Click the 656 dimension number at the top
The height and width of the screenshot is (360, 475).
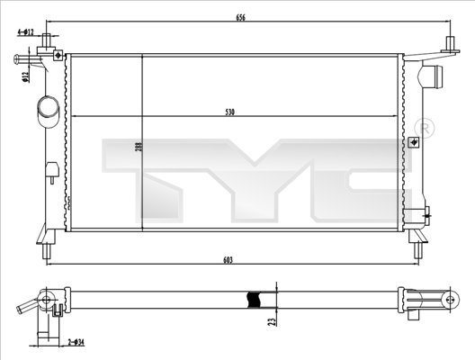(x=241, y=17)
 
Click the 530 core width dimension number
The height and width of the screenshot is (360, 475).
(x=230, y=112)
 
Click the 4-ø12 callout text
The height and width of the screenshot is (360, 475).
(x=25, y=32)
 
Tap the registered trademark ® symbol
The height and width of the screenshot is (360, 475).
(x=426, y=128)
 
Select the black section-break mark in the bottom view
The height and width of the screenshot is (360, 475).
(x=255, y=300)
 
